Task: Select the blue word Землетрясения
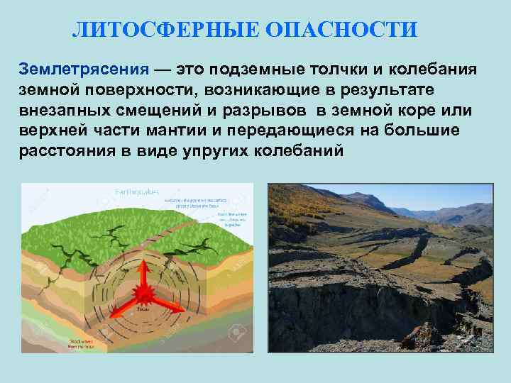tap(84, 71)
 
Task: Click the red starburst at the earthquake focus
tap(145, 293)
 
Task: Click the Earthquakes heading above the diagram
tap(139, 191)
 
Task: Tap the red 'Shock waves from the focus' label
tap(85, 345)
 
